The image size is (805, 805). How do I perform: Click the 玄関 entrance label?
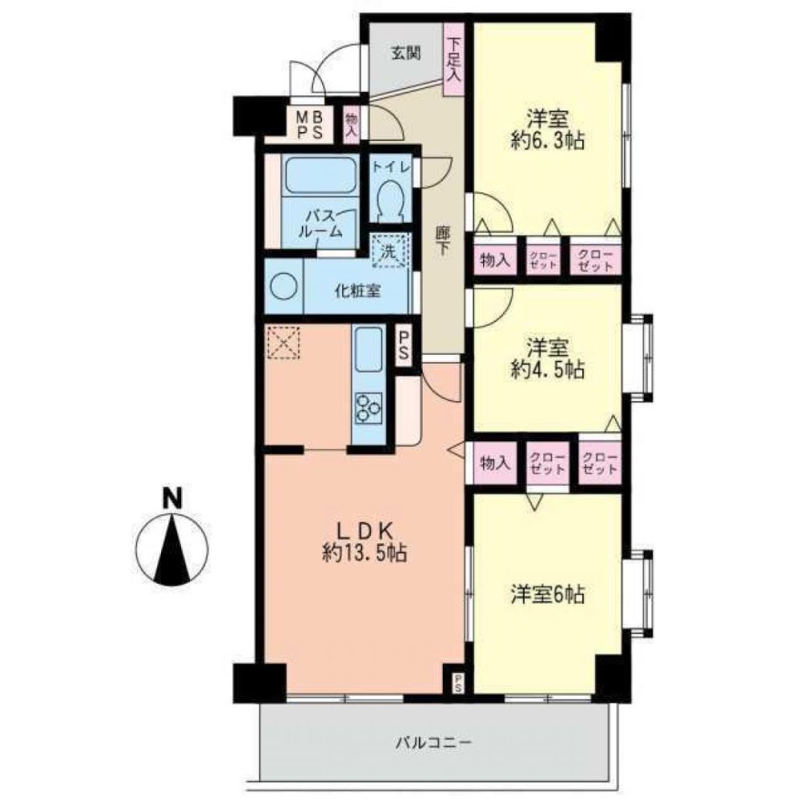(x=406, y=54)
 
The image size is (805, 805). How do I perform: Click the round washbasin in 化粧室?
(x=284, y=287)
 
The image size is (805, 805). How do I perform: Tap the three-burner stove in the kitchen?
(x=369, y=407)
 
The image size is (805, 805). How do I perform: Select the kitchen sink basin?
(x=369, y=349)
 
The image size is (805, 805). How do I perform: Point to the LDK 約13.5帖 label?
(x=363, y=541)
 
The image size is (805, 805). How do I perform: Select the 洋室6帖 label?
(x=547, y=595)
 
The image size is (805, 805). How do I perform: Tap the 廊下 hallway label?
(x=443, y=242)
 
